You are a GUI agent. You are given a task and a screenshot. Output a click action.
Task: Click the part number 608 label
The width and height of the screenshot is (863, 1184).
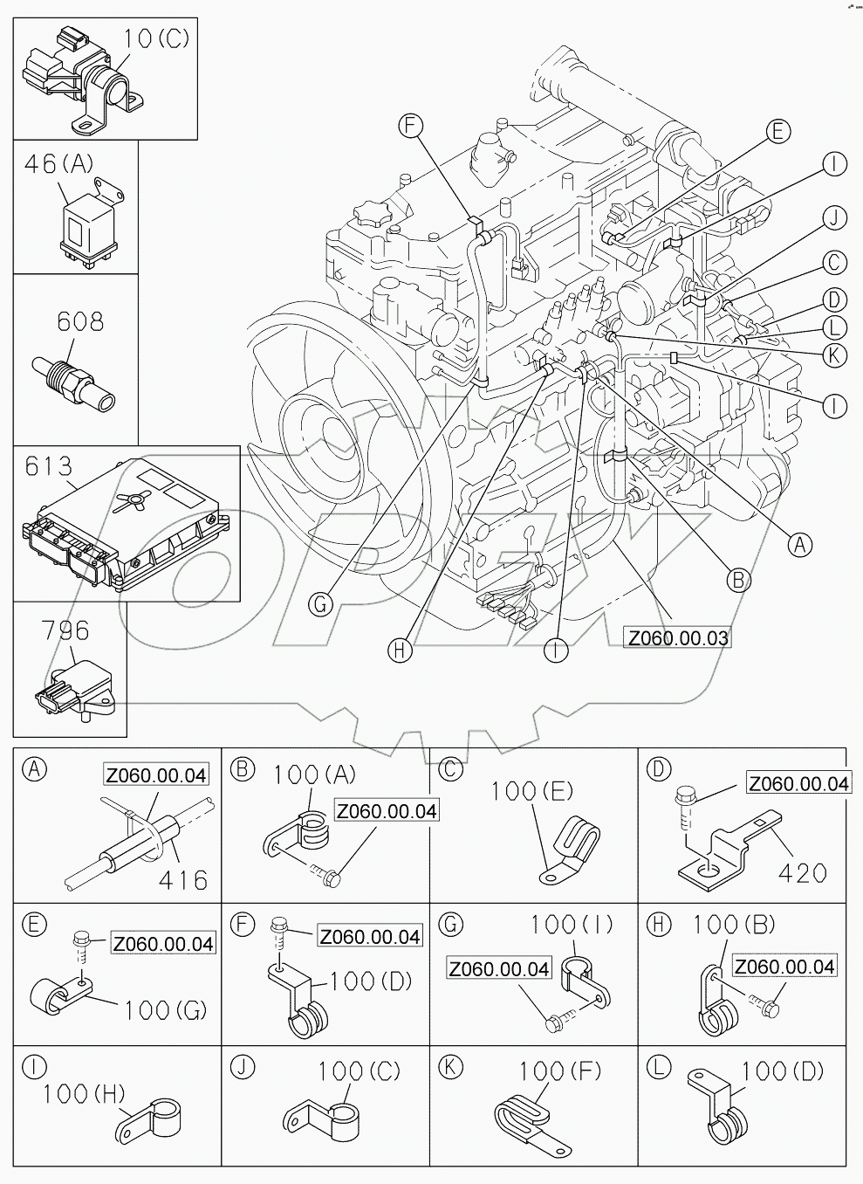click(x=79, y=321)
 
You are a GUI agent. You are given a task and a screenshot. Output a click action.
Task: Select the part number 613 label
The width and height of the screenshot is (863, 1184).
click(x=48, y=466)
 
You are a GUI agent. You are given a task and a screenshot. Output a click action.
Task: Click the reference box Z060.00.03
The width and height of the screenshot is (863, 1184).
click(x=677, y=637)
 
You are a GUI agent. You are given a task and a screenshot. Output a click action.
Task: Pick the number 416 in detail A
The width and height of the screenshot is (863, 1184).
click(x=183, y=879)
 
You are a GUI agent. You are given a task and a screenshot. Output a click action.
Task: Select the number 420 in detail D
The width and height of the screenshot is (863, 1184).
click(x=801, y=871)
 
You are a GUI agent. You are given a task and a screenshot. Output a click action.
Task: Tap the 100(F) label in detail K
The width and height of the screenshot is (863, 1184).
click(x=553, y=1070)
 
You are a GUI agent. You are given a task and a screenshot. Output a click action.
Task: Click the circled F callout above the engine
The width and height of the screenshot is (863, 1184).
click(x=411, y=126)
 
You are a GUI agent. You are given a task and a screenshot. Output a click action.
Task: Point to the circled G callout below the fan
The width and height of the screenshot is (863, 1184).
click(x=321, y=603)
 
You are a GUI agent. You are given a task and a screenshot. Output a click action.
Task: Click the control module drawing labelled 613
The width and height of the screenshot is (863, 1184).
click(x=127, y=533)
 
